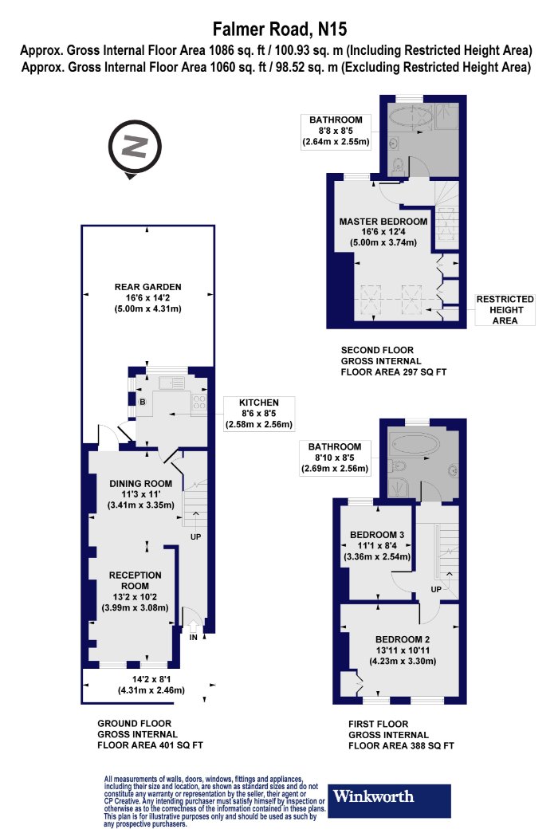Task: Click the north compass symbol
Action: click(x=135, y=147)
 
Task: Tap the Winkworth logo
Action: click(x=389, y=800)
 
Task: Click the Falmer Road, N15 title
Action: click(x=280, y=28)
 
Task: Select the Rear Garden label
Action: click(x=148, y=298)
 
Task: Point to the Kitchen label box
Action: click(x=259, y=414)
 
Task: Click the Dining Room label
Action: click(x=141, y=494)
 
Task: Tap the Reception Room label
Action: click(x=135, y=591)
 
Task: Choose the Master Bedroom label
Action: click(x=383, y=232)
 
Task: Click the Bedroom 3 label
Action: click(x=377, y=545)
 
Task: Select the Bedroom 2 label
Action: click(x=403, y=650)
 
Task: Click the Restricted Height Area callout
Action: click(x=505, y=309)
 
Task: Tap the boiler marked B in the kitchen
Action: click(x=143, y=402)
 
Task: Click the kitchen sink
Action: click(x=171, y=382)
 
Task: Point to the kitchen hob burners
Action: click(x=199, y=402)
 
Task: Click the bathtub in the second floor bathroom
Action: click(x=410, y=116)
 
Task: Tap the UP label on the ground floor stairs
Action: click(x=195, y=536)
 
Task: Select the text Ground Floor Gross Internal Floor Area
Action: click(x=150, y=734)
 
